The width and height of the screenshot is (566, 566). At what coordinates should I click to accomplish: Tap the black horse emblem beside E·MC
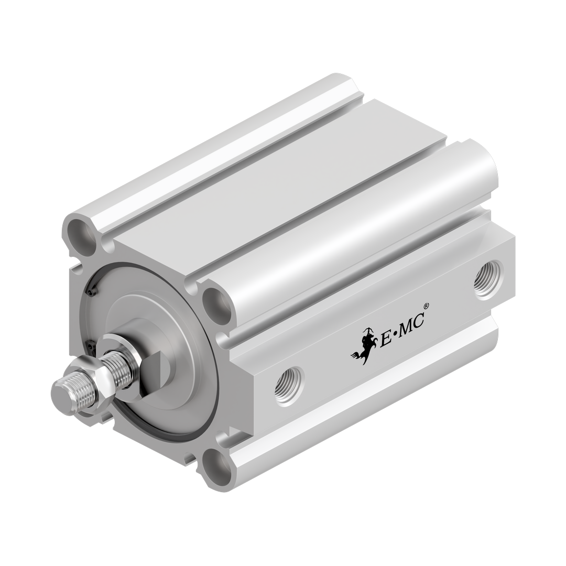click(x=364, y=345)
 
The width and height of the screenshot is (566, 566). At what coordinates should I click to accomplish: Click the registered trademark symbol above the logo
click(x=426, y=307)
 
